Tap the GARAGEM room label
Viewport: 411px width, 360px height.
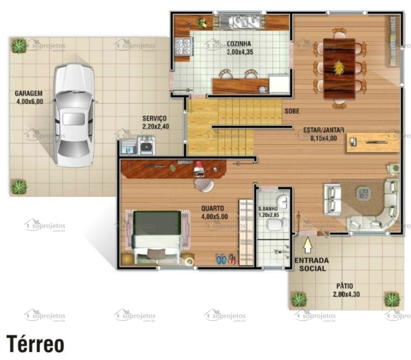(29, 94)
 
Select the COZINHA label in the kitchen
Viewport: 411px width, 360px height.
(239, 44)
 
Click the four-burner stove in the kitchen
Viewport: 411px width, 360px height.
(183, 46)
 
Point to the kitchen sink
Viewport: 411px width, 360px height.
(240, 22)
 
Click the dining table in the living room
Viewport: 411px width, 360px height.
(339, 68)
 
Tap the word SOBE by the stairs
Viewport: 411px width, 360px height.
(292, 111)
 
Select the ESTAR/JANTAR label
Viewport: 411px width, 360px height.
(323, 130)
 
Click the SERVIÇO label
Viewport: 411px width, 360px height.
(154, 119)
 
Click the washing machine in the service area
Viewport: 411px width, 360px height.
(146, 146)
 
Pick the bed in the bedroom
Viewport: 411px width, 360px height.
(157, 237)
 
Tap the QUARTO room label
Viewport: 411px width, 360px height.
(213, 209)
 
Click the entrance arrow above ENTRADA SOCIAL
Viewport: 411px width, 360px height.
(308, 245)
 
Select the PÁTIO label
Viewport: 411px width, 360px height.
(344, 286)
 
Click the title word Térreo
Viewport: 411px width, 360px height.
(35, 344)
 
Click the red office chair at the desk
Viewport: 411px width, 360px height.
(199, 169)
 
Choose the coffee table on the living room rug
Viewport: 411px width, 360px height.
(363, 194)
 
